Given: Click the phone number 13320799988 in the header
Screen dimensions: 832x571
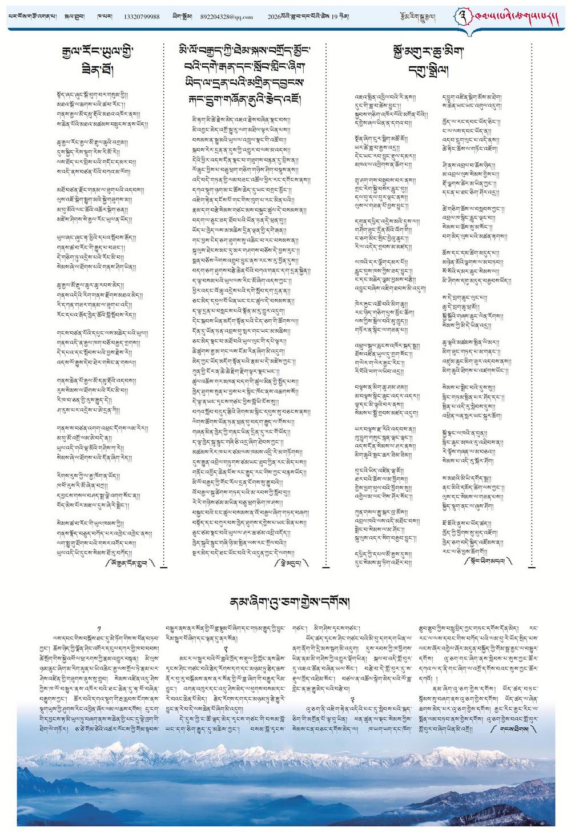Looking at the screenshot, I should tap(141, 17).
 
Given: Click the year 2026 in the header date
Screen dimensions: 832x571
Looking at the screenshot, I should tap(274, 17).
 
